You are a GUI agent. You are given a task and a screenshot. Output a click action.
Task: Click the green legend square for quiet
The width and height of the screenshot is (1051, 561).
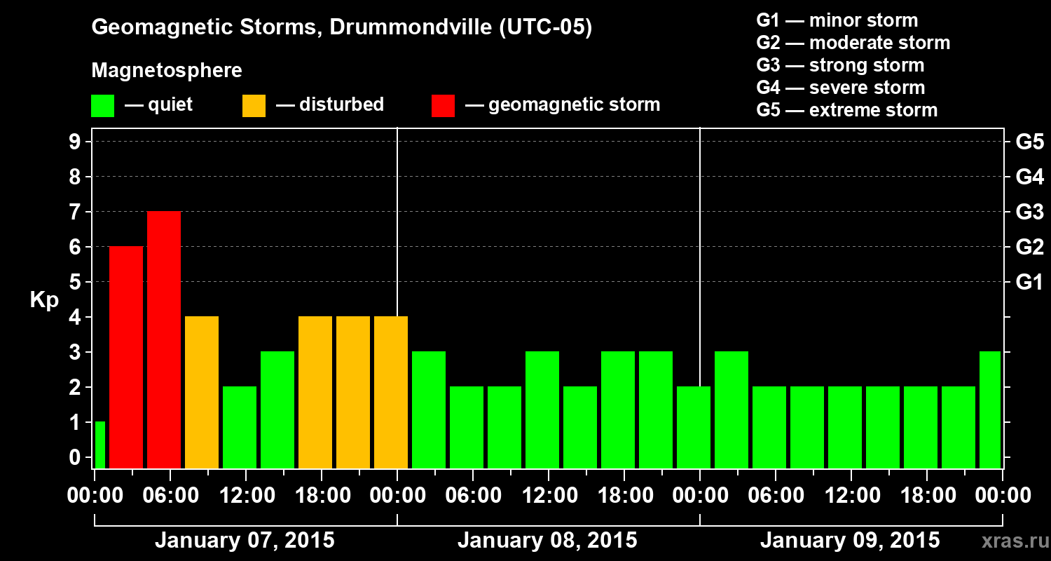point(102,105)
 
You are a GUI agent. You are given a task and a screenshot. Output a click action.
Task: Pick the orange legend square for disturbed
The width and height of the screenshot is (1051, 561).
point(254,105)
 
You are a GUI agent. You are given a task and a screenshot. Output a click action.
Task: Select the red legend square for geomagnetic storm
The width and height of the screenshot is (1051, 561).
point(443,105)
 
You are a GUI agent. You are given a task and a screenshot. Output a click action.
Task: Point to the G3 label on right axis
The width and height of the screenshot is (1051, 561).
point(1029,211)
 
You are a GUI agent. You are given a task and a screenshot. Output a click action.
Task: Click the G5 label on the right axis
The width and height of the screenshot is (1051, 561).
point(1029,142)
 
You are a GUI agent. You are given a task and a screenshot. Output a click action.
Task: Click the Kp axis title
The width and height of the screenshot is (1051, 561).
point(43,299)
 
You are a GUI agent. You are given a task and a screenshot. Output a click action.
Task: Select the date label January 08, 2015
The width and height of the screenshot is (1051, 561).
point(547,541)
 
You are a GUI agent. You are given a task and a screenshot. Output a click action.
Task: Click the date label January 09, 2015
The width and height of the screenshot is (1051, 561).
point(850,541)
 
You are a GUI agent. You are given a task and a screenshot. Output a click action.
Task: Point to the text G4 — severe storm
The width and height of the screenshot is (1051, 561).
point(840,88)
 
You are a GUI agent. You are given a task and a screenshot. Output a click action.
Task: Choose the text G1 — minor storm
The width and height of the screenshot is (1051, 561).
point(837,20)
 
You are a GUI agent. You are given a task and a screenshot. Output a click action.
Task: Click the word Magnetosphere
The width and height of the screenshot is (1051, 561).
point(167,71)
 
